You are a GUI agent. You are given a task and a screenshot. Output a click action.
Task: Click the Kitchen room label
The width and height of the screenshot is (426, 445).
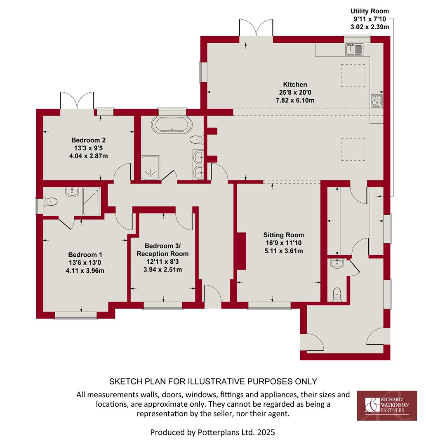[x=295, y=84]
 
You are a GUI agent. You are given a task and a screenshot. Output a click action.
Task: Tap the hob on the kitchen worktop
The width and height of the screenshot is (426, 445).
[x=377, y=101]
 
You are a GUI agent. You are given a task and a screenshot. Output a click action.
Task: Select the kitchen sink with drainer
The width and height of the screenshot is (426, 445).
[x=354, y=49]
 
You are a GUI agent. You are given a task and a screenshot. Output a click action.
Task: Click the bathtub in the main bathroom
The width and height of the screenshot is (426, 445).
[x=172, y=124]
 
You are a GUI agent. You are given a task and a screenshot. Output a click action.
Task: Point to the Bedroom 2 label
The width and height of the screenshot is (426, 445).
[x=88, y=140]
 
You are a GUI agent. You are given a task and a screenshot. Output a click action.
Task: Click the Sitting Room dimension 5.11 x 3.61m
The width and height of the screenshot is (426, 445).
[x=283, y=251]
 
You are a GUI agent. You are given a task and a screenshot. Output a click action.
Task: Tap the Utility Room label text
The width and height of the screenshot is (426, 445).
[x=370, y=11]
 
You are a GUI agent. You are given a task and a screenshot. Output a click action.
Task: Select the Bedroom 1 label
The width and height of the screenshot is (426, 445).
[x=85, y=255]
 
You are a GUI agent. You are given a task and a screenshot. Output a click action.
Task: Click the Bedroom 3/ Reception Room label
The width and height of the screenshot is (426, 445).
[x=162, y=250]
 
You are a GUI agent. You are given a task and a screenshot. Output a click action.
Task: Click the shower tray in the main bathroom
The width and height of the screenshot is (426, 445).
[x=151, y=168]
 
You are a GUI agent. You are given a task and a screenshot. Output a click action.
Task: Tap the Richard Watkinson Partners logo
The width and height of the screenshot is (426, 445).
[x=387, y=405]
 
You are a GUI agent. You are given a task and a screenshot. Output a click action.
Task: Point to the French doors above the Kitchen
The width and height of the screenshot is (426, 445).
[x=256, y=28]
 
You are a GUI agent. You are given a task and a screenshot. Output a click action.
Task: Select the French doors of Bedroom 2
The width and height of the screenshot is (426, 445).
[x=77, y=101]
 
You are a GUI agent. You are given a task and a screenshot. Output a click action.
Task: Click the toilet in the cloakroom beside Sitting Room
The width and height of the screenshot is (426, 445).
[x=337, y=295]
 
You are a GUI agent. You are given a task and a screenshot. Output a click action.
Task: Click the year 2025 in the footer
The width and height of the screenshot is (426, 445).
[x=266, y=432]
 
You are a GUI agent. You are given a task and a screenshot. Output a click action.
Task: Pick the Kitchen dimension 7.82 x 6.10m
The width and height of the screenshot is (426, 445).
[x=295, y=100]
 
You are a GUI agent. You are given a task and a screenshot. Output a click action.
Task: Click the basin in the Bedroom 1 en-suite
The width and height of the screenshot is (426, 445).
[x=72, y=192]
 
